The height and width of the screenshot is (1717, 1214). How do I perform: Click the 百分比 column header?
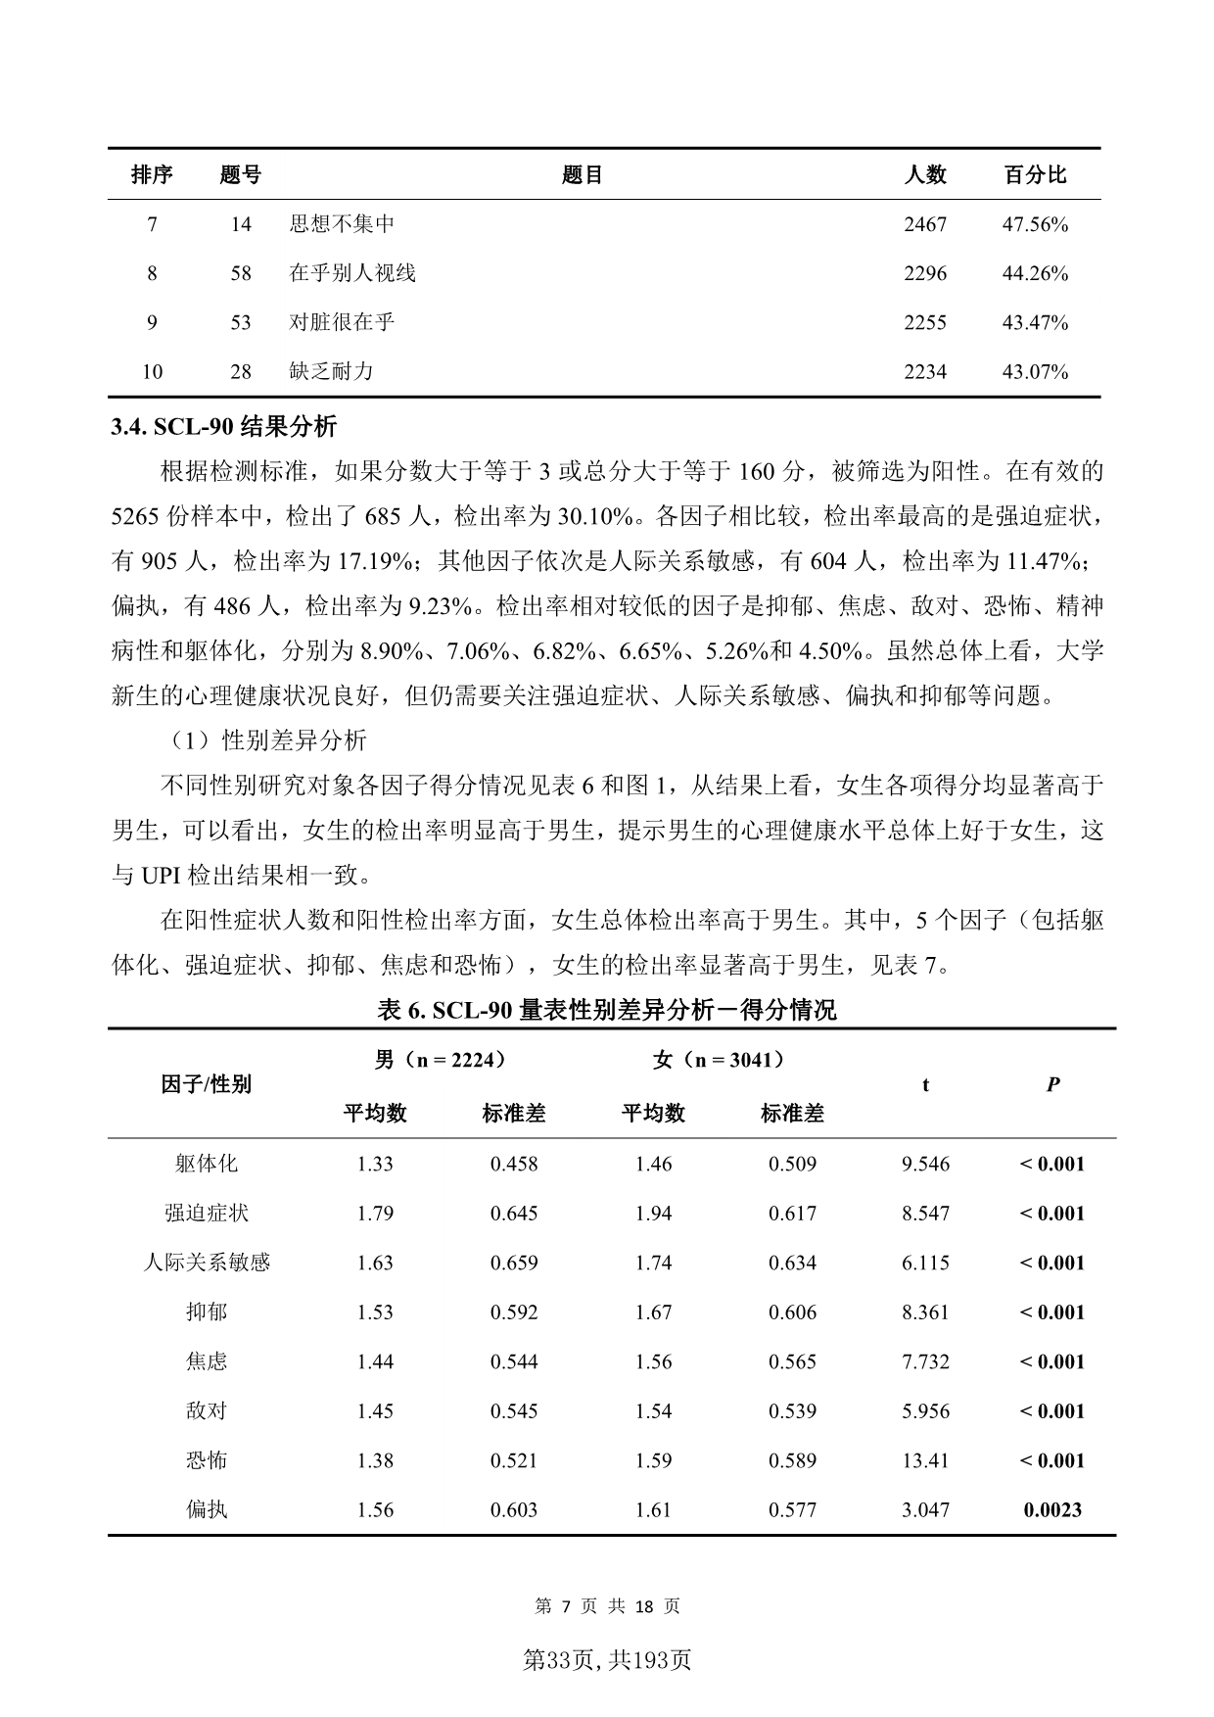coord(1035,175)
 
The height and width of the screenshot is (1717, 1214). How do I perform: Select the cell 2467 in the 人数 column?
coord(925,224)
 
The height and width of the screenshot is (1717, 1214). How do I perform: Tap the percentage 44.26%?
coord(1035,273)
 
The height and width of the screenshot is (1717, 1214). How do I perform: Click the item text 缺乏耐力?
coord(331,371)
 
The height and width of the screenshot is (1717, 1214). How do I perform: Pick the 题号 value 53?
coord(241,322)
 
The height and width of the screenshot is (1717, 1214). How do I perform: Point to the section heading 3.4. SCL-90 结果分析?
coord(224,426)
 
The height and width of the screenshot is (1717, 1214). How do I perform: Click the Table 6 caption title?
coord(607,1010)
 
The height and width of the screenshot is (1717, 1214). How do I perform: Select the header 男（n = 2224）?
coord(441,1059)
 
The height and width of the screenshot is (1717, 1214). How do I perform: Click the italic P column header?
coord(1052,1084)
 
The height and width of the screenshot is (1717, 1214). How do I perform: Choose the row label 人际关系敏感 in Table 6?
coord(207,1263)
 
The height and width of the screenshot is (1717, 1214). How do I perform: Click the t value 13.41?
coord(925,1460)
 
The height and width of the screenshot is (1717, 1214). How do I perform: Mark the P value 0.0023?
coord(1052,1509)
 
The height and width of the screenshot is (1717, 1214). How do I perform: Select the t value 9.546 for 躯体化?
coord(925,1164)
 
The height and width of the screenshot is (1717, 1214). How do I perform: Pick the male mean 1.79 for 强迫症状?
coord(375,1213)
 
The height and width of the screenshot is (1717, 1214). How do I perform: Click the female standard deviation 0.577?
coord(792,1509)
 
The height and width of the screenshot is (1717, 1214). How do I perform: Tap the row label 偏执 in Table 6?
coord(207,1509)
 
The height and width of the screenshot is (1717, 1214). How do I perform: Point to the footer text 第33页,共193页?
coord(607,1660)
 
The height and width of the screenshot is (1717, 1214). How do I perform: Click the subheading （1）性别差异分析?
coord(264,740)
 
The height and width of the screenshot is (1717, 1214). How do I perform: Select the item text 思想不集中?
coord(342,224)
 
